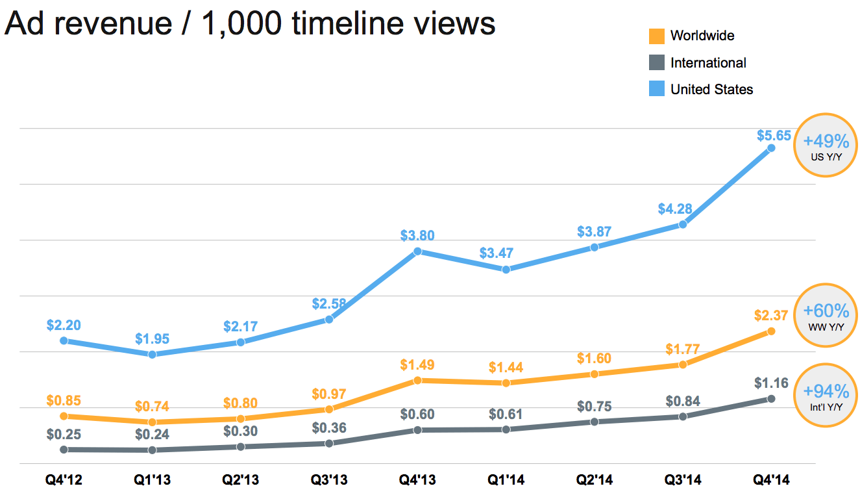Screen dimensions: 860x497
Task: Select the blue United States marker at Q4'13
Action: (417, 251)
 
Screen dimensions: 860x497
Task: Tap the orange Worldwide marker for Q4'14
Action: (771, 331)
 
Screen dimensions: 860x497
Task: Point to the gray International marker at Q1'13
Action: (152, 450)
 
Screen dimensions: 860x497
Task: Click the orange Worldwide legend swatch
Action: (657, 36)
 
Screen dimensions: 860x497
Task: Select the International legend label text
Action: (708, 63)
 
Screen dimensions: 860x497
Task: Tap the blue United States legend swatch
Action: (657, 89)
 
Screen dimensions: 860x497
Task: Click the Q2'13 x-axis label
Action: (241, 481)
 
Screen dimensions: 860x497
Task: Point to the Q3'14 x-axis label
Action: (683, 481)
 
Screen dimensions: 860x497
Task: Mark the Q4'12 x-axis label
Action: (64, 481)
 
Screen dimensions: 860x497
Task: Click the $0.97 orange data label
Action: (329, 394)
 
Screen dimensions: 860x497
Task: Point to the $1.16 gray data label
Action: (771, 383)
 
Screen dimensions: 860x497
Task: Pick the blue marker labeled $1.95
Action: (152, 354)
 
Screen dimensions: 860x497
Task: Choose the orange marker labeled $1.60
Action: (595, 374)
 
